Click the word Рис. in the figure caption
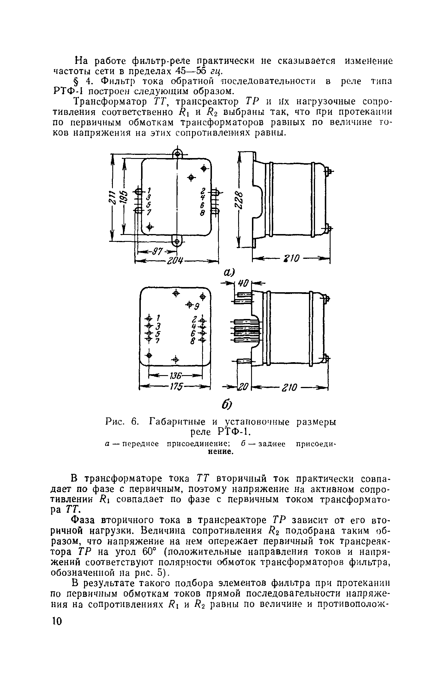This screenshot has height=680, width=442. pyautogui.click(x=114, y=422)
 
